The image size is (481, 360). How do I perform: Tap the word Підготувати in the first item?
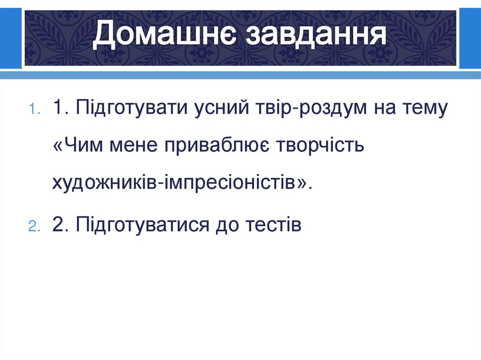coord(130,109)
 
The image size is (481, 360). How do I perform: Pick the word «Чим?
coord(78,146)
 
